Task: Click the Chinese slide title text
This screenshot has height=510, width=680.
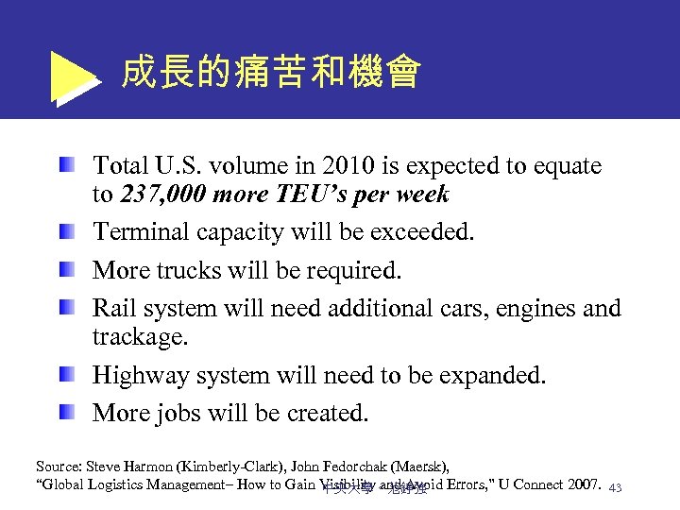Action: [271, 73]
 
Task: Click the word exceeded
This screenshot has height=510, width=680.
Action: [427, 232]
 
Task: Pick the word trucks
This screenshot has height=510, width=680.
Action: [191, 270]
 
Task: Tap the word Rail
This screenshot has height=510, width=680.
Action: [113, 308]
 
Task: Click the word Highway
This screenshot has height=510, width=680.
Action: [139, 375]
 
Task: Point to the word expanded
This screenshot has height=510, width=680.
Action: [496, 375]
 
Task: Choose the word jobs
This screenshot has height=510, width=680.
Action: [185, 413]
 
